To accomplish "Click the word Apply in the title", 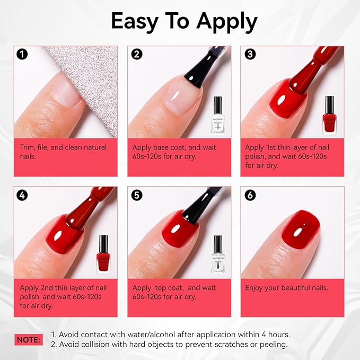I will tap(227, 22).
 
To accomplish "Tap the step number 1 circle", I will tap(22, 54).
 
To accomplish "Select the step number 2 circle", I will tap(136, 54).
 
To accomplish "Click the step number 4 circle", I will tap(22, 195).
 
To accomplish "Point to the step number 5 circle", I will tap(136, 195).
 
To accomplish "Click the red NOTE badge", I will tap(28, 339).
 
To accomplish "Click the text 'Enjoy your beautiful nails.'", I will tap(286, 288).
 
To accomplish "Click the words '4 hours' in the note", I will tap(276, 335).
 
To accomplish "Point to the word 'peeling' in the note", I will tap(274, 345).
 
